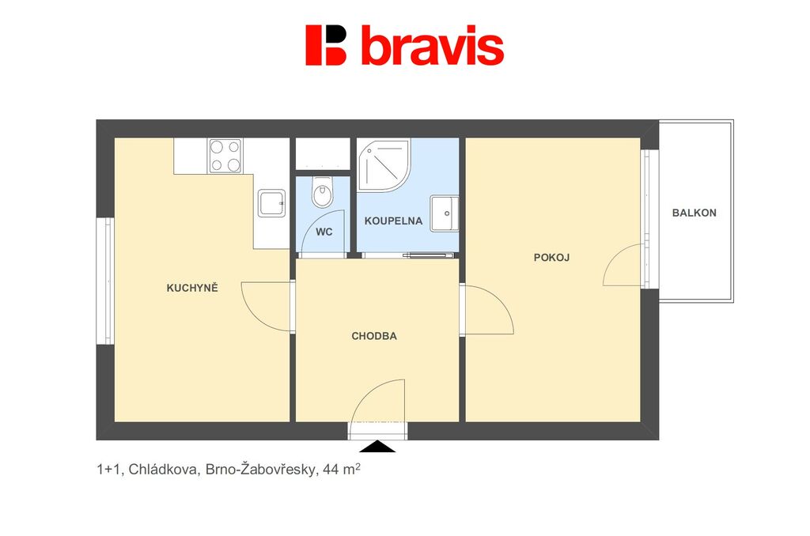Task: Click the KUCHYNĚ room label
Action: [x=192, y=288]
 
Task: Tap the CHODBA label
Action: [x=374, y=336]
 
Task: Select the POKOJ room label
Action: [x=551, y=257]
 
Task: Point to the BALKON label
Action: [x=695, y=213]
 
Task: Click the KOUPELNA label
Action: [x=394, y=221]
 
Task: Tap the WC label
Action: [x=324, y=232]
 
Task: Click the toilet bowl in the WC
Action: [x=324, y=192]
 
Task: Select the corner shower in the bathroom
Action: [x=384, y=164]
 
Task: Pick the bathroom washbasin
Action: [x=445, y=213]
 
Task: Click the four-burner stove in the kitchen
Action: [x=225, y=156]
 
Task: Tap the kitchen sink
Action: [x=272, y=203]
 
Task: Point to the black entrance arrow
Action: [x=377, y=446]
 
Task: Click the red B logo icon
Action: [x=326, y=45]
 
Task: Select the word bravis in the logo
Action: [x=433, y=45]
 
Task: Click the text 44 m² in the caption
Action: [x=342, y=470]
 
